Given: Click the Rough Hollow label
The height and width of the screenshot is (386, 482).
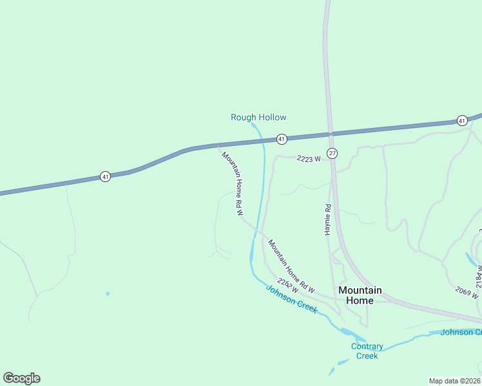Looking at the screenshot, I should coord(258,117).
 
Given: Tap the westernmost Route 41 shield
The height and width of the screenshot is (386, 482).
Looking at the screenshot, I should coord(105,176).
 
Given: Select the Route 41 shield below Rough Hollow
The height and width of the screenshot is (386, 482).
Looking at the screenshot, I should coord(281,139).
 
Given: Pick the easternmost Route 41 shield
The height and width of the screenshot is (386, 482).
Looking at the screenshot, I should coord(461,120).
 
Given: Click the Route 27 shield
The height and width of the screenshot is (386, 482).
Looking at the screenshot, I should coord(332,153).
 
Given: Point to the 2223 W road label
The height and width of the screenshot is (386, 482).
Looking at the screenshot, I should coord(308,159).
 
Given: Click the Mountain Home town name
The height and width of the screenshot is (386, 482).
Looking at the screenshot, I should coord(360,295).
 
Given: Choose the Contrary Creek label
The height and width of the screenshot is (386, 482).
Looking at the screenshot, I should coord(367,351).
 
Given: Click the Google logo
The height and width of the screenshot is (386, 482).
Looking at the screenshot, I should coord(21,378).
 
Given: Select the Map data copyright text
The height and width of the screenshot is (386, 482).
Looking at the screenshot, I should coord(454,381).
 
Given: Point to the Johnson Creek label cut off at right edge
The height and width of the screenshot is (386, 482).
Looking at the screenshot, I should coord(460,332).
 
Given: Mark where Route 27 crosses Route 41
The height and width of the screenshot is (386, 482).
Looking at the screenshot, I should coord(330,133).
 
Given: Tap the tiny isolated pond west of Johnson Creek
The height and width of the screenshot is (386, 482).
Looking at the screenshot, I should coord(108,294).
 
